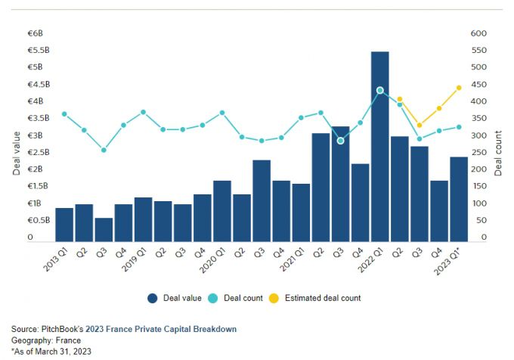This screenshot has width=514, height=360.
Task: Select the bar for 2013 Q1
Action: [x=64, y=225]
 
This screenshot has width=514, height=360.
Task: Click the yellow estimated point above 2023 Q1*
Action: [x=459, y=88]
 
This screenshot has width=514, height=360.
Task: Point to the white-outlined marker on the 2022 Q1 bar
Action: [x=379, y=91]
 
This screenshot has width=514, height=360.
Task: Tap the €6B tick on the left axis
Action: [x=36, y=33]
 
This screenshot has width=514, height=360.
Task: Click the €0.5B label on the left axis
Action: [x=39, y=220]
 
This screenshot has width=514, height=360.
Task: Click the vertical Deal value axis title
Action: [x=17, y=153]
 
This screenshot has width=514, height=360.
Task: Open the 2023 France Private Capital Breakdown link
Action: [x=161, y=329]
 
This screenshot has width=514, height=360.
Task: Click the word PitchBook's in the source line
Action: [x=63, y=329]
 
